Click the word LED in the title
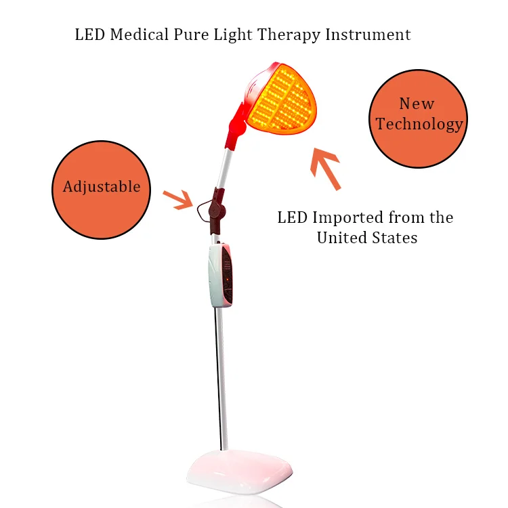pyautogui.click(x=88, y=35)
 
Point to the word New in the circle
pyautogui.click(x=417, y=104)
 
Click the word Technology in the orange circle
pyautogui.click(x=420, y=124)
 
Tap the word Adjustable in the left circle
pyautogui.click(x=102, y=187)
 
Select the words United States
pyautogui.click(x=367, y=238)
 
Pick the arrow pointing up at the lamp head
pyautogui.click(x=326, y=169)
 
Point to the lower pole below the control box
pyautogui.click(x=220, y=379)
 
